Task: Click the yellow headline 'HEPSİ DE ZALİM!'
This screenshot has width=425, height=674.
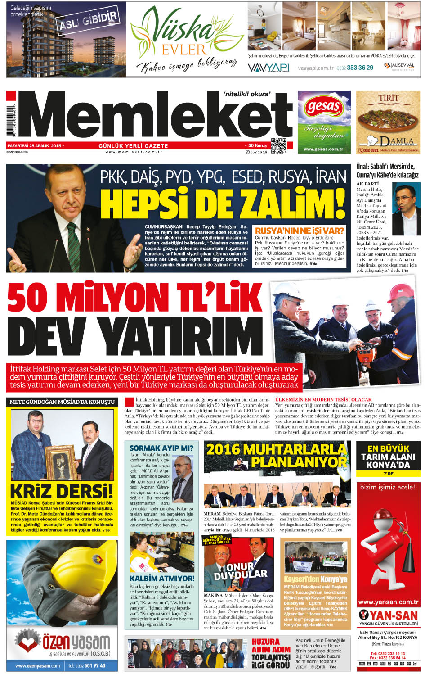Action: (223, 204)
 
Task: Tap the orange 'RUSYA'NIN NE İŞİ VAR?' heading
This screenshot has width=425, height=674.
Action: (299, 231)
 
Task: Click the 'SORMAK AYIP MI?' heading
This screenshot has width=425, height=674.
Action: (161, 448)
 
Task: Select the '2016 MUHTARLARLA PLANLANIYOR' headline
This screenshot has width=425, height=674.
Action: (277, 455)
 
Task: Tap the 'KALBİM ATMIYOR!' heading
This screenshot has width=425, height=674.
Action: (162, 578)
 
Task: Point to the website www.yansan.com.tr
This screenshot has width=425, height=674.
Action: (388, 602)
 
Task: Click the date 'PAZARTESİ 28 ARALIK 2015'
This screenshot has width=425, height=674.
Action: (35, 145)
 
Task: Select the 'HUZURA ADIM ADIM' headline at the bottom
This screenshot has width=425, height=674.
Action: (271, 645)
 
